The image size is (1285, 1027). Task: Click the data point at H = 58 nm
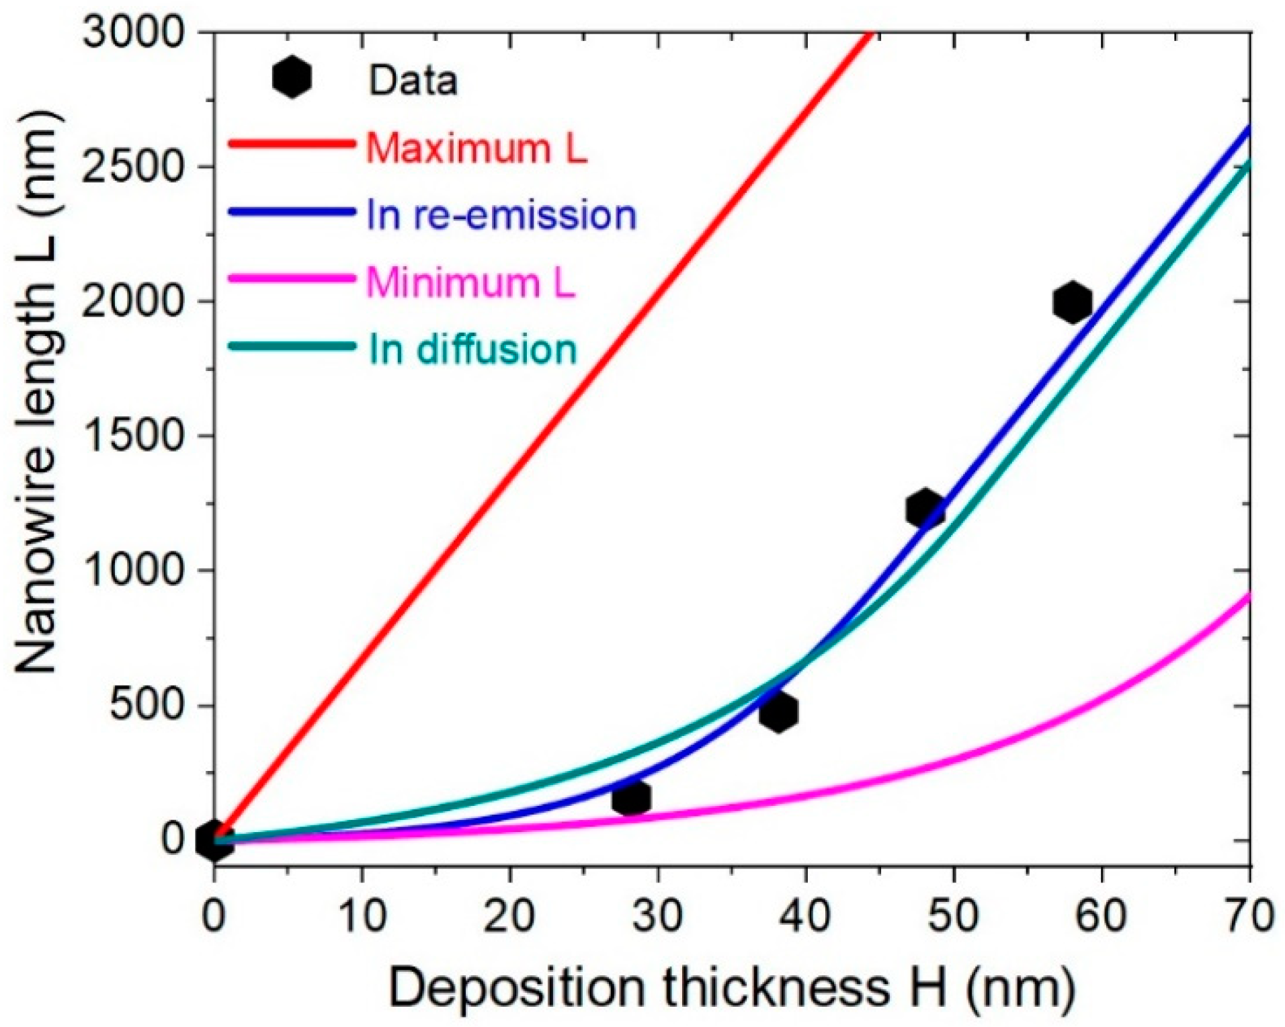point(1072,302)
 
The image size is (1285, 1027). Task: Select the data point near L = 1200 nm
point(924,509)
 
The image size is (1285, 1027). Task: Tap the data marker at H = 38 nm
point(778,711)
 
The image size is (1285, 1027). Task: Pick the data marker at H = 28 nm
point(631,797)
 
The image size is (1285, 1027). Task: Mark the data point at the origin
point(214,839)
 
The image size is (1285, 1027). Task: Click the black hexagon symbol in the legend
point(292,77)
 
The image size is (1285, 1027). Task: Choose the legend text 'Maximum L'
point(476,147)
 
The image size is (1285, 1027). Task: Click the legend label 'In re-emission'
point(501,215)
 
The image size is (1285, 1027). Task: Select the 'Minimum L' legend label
point(470,282)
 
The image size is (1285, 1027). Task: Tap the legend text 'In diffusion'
point(472,350)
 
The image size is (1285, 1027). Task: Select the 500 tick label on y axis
point(147,706)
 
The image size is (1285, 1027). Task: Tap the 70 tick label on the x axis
point(1249,915)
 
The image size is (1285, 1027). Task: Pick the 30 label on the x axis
point(658,915)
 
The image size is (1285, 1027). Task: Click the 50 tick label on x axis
point(954,915)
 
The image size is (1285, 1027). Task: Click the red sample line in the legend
point(292,143)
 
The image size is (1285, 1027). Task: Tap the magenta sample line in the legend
point(292,278)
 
